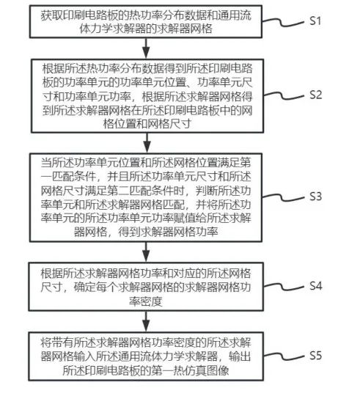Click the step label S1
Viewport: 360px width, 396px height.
[315, 21]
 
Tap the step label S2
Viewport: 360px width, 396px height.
[315, 95]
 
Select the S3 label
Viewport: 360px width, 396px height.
[315, 197]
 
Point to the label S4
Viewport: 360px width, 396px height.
[315, 286]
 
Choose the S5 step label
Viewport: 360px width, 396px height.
[315, 356]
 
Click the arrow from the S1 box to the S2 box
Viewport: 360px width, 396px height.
[146, 48]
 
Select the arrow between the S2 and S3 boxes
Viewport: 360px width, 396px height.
[147, 143]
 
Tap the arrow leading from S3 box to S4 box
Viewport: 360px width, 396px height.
[146, 252]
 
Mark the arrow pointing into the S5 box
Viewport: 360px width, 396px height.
[146, 321]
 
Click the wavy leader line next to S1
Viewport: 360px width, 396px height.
[283, 22]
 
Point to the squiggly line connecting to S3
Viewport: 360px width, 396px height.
[283, 197]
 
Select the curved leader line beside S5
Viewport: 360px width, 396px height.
[284, 356]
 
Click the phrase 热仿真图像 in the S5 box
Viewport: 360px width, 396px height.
[201, 370]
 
